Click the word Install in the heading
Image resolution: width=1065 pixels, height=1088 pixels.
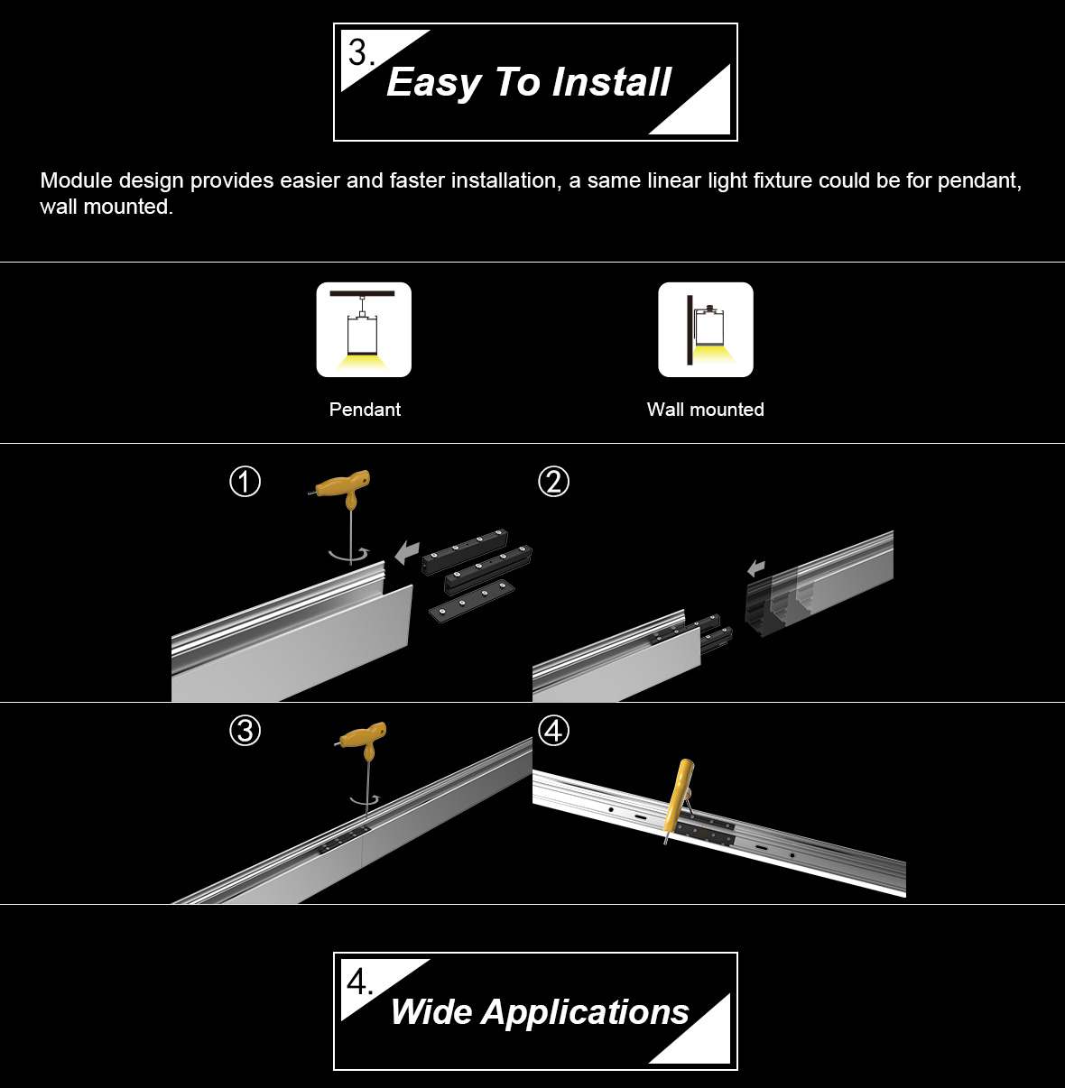coord(611,82)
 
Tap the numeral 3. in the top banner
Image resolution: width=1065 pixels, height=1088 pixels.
coord(361,52)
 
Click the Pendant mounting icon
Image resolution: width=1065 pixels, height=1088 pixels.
coord(364,329)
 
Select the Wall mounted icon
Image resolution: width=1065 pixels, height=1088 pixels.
coord(706,329)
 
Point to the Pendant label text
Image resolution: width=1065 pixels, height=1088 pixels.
coord(365,410)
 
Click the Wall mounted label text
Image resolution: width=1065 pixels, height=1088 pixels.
coord(706,410)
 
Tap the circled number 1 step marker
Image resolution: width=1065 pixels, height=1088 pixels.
coord(245,482)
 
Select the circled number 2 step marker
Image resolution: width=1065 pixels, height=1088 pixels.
coord(554,482)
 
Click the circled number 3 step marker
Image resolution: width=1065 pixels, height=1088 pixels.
coord(245,730)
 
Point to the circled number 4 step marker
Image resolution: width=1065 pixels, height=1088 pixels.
coord(554,730)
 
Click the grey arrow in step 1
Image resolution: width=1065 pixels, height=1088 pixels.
coord(407,552)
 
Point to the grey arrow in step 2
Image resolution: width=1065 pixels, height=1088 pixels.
coord(756,568)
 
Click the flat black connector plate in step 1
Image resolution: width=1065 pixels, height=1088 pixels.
coord(471,601)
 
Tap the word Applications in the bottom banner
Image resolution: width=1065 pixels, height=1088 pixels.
coord(585,1012)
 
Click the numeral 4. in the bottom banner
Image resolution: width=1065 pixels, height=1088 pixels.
coord(359,982)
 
